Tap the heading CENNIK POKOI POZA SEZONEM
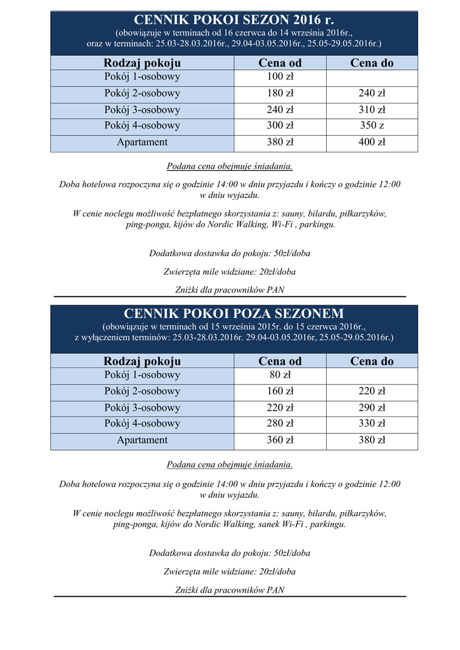(x=234, y=314)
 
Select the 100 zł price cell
(x=280, y=77)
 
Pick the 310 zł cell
(x=372, y=110)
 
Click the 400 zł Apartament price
(x=372, y=143)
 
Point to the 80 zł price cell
(x=280, y=375)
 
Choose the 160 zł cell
(x=280, y=392)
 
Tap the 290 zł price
(x=372, y=408)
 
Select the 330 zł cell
(x=372, y=424)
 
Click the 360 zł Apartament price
(x=280, y=441)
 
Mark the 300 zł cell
(x=280, y=126)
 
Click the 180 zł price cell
(x=280, y=93)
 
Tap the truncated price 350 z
(x=372, y=126)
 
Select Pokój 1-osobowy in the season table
(x=142, y=77)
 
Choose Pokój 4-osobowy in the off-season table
(x=142, y=424)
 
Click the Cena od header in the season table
(x=280, y=63)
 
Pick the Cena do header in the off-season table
(x=372, y=361)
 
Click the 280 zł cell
(x=280, y=424)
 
